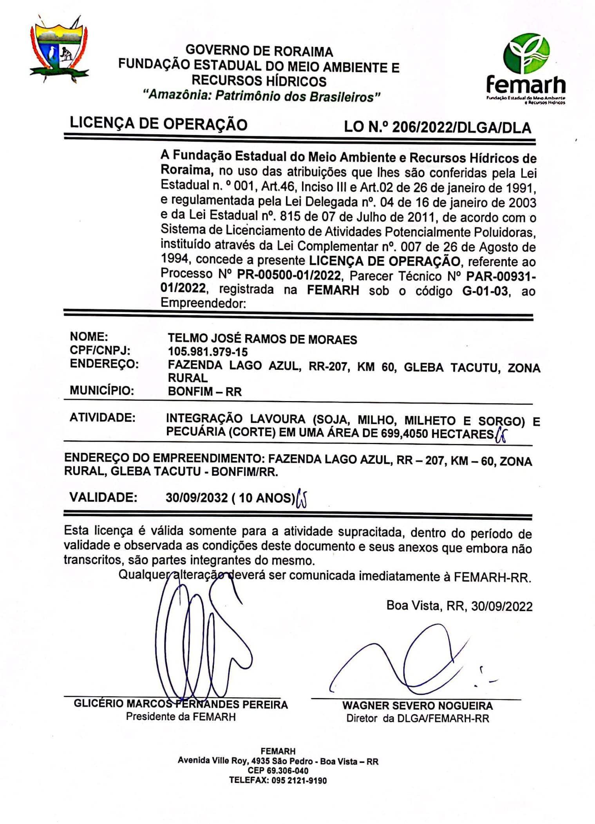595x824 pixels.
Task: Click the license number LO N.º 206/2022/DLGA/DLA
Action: [437, 128]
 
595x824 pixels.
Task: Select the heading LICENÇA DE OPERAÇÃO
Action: [159, 124]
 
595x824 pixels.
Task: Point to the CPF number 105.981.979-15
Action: [208, 351]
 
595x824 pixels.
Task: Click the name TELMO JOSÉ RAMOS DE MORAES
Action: [262, 339]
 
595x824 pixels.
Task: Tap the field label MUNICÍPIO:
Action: [102, 390]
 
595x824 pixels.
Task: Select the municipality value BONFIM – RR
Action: [204, 391]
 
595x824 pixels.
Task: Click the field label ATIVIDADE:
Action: [102, 417]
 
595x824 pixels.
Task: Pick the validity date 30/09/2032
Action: [196, 497]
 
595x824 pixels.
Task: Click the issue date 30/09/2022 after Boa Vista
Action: [501, 606]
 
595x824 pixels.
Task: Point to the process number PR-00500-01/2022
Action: [289, 275]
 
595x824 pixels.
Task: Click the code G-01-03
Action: [485, 291]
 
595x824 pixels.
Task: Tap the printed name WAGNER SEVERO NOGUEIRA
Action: [417, 705]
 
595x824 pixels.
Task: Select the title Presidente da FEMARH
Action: [181, 716]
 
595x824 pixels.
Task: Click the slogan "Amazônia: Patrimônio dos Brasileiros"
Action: [262, 96]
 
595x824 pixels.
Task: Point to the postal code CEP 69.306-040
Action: [278, 771]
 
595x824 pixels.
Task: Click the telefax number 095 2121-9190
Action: [299, 780]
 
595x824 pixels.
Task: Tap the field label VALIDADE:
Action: [103, 497]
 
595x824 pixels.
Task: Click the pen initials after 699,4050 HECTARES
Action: [500, 435]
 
